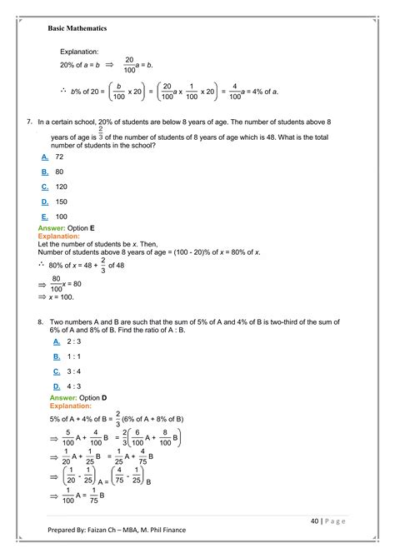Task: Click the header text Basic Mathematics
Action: [x=77, y=27]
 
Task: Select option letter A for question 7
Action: [x=44, y=157]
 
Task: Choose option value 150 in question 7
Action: [x=61, y=202]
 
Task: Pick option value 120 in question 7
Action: [x=61, y=187]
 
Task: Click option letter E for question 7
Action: [x=44, y=217]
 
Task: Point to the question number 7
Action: [x=29, y=122]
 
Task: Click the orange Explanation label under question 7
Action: [x=59, y=236]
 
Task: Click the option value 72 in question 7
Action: [x=59, y=157]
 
